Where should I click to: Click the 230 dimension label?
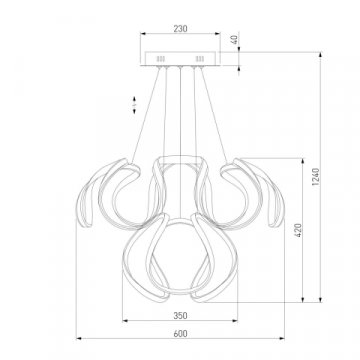tap(180, 29)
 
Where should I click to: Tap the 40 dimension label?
tap(235, 40)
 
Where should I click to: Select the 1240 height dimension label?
tap(316, 177)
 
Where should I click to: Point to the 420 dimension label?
tap(298, 230)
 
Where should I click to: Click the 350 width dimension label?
tap(180, 315)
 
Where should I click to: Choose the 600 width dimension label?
tap(180, 333)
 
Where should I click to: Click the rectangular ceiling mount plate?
tap(180, 59)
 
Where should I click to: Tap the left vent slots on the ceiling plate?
tap(161, 59)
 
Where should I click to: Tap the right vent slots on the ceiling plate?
tap(200, 59)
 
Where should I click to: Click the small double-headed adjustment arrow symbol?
tap(134, 105)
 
